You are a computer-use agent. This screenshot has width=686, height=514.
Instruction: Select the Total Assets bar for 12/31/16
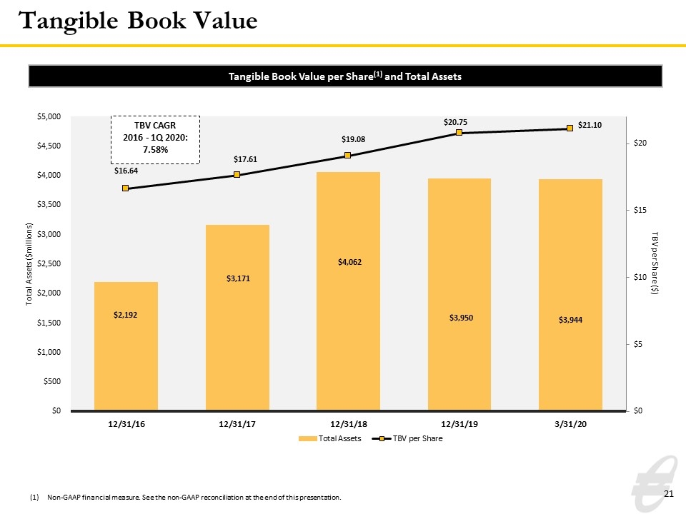[126, 346]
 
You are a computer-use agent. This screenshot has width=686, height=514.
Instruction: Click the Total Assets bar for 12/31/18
[348, 291]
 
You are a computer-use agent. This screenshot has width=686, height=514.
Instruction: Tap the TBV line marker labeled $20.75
[459, 133]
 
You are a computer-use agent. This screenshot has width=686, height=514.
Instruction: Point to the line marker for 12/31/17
[237, 174]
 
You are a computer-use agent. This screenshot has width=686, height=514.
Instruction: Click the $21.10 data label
[590, 125]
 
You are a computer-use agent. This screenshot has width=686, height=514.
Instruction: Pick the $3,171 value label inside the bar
[238, 278]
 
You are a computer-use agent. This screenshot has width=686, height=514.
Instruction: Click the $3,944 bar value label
[570, 320]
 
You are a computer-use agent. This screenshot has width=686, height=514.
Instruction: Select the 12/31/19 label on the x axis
[459, 424]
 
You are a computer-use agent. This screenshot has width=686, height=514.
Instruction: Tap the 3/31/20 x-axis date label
[570, 424]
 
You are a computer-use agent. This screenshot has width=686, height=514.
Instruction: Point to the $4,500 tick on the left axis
[49, 146]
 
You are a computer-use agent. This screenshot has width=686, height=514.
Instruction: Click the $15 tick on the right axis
[640, 210]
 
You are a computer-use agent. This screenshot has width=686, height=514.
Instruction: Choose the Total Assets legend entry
[330, 438]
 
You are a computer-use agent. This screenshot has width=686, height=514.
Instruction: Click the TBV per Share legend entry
[407, 438]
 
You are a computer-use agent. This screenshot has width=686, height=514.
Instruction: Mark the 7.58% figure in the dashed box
[155, 149]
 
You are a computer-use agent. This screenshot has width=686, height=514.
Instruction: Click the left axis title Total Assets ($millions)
[29, 264]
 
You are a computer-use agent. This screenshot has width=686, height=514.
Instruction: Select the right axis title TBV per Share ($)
[655, 263]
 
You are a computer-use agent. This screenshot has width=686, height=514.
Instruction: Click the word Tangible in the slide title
[69, 21]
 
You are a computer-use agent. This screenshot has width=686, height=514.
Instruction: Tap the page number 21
[669, 494]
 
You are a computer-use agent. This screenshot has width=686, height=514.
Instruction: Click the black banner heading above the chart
[345, 76]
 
